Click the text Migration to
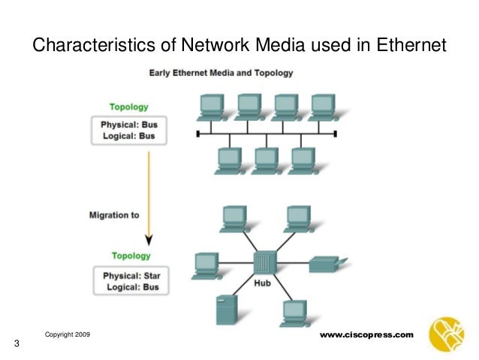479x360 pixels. point(113,215)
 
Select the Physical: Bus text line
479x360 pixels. point(125,124)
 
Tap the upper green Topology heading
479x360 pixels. point(129,107)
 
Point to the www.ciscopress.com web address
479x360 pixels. point(367,333)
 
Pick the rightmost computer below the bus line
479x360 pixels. point(302,159)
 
